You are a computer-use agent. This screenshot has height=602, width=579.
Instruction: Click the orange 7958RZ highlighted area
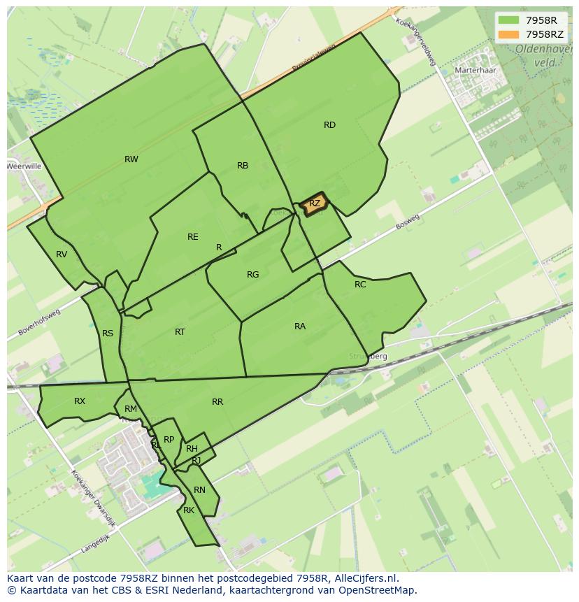tap(315, 203)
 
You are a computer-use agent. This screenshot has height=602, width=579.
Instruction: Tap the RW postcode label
tap(131, 159)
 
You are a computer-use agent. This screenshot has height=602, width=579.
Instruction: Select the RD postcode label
tap(329, 125)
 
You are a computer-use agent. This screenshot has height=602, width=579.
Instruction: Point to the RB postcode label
tap(243, 166)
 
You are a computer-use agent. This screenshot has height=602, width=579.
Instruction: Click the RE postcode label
tap(193, 237)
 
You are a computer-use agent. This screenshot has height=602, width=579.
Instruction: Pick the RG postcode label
tap(253, 275)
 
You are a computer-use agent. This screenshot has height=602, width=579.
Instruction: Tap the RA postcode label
tap(300, 327)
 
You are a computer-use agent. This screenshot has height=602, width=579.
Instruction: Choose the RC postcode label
tap(360, 285)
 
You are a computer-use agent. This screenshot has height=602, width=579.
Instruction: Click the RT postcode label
tap(180, 332)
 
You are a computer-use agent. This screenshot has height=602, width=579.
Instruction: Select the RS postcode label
tap(108, 334)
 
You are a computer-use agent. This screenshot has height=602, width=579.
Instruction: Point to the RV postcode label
tap(62, 255)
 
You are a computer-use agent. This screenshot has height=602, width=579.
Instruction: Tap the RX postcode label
tap(80, 401)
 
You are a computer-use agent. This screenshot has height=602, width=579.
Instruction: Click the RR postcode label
tap(217, 402)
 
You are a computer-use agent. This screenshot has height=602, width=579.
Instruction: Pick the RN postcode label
tap(200, 490)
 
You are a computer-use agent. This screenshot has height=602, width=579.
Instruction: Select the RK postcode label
tap(189, 510)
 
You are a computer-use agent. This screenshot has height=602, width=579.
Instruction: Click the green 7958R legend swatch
tap(508, 20)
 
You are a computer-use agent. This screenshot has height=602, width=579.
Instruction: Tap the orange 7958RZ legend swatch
tap(508, 34)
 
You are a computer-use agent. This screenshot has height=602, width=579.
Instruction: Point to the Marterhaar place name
tap(475, 71)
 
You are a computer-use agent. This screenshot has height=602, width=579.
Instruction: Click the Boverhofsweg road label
tap(40, 322)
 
